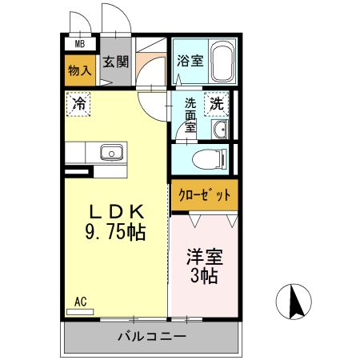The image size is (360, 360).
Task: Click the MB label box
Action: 80,45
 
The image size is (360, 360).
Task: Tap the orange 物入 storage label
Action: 80,70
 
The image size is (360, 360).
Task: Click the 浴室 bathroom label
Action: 189,60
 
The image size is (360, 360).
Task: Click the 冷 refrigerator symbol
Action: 79,102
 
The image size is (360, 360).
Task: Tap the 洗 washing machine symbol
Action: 216,102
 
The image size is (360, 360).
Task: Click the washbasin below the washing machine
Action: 221,129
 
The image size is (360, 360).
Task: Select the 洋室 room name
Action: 204,258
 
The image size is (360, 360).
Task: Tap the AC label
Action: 80,302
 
